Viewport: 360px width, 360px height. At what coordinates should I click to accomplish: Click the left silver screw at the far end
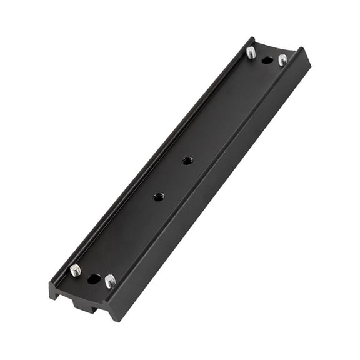[251, 52]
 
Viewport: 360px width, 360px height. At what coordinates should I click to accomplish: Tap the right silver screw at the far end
[282, 59]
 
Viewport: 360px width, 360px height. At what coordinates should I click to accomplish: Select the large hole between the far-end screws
[267, 61]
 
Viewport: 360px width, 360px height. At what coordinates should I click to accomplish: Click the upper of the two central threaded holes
[187, 161]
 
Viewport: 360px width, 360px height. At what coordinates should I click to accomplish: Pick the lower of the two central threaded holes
[159, 197]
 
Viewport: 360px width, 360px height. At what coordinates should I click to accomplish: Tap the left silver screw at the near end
[76, 270]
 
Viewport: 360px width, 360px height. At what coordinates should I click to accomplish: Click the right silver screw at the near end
[110, 281]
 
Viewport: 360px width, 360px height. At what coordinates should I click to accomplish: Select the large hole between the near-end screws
[94, 279]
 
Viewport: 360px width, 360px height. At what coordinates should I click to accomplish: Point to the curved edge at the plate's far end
[275, 51]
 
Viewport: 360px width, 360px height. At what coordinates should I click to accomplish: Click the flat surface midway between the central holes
[173, 179]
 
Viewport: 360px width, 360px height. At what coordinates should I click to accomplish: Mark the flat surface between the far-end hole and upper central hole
[228, 109]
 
